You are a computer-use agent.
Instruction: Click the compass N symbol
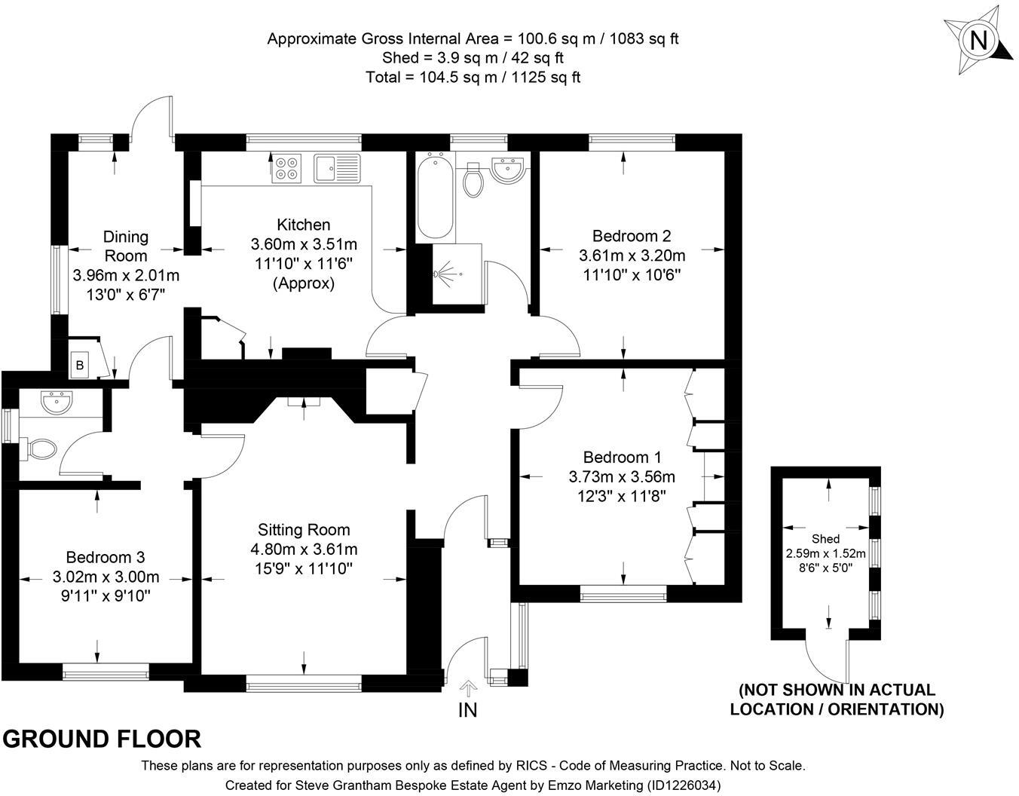(978, 41)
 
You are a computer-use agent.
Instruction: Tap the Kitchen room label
(304, 225)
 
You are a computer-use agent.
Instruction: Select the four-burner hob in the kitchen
(286, 168)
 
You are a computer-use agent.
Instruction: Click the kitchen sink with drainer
(337, 168)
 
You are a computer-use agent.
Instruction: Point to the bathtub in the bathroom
(435, 196)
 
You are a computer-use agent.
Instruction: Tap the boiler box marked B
(80, 365)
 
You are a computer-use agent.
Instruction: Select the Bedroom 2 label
(632, 235)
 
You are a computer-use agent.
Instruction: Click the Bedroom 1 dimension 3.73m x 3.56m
(622, 476)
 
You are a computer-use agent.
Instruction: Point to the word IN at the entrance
(467, 710)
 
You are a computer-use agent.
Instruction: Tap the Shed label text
(826, 539)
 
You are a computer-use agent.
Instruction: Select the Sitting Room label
(304, 530)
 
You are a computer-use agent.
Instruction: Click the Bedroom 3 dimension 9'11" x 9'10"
(106, 595)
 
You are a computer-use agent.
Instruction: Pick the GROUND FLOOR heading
(102, 739)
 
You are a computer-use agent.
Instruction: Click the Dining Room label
(126, 246)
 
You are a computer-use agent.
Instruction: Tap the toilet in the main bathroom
(473, 180)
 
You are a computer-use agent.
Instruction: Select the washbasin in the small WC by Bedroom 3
(57, 403)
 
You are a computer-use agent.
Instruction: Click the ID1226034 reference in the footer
(684, 785)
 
